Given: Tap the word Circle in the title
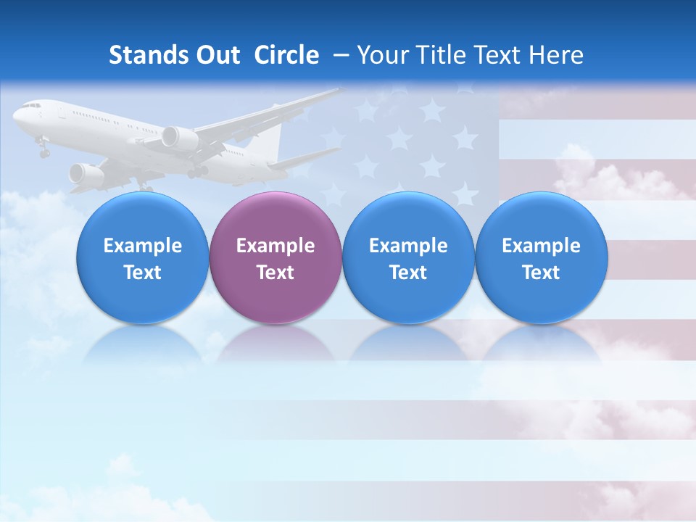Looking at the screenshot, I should [x=286, y=55].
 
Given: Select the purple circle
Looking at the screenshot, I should [x=275, y=258].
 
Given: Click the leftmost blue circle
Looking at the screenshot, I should [x=143, y=258].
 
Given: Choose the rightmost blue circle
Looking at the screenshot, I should [x=541, y=258].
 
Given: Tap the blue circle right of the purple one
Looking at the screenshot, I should [x=408, y=258].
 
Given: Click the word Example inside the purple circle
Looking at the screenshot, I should [x=275, y=246].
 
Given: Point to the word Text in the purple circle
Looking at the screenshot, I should [x=275, y=273].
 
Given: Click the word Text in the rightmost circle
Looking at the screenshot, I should [x=541, y=273].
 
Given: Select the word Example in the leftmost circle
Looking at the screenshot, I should [x=143, y=246].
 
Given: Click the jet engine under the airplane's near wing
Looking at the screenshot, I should [x=178, y=138].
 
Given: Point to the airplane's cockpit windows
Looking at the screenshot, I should [x=31, y=106].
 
